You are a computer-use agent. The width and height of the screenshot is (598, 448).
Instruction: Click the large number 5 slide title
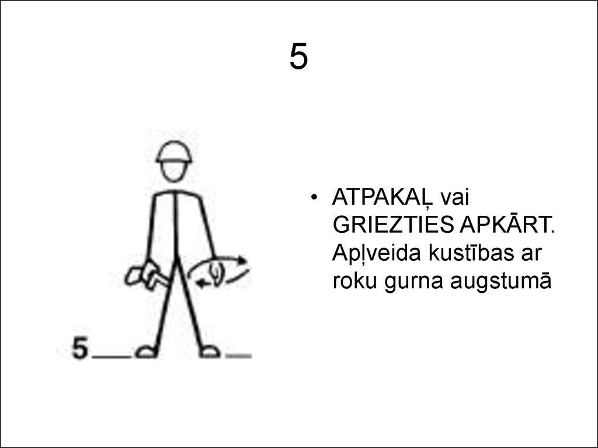pyautogui.click(x=298, y=58)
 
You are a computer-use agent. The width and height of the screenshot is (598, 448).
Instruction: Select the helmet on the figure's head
pyautogui.click(x=174, y=152)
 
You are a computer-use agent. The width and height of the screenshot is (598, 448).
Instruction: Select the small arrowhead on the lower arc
pyautogui.click(x=201, y=284)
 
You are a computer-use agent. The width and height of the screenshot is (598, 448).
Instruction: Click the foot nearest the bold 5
pyautogui.click(x=146, y=351)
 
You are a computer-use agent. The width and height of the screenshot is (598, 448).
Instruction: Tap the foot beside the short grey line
pyautogui.click(x=208, y=351)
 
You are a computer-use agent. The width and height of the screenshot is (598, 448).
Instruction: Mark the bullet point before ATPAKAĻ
pyautogui.click(x=315, y=198)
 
